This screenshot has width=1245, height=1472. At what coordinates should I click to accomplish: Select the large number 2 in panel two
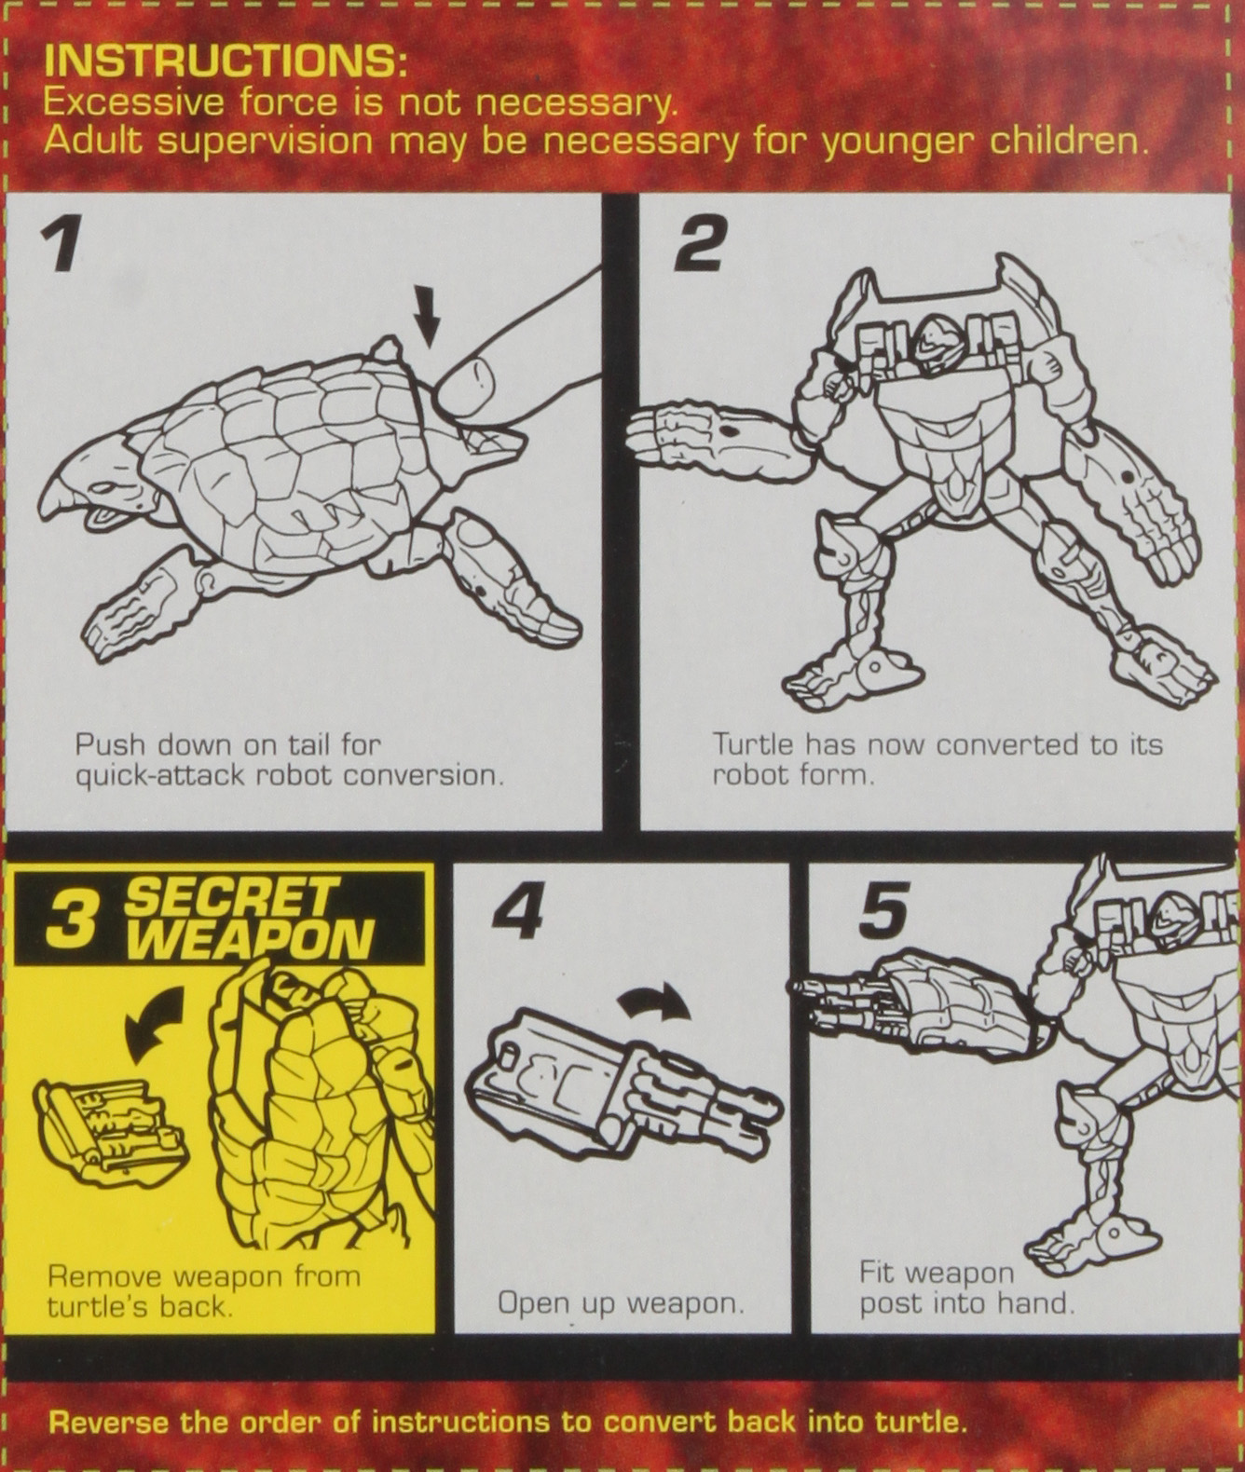click(699, 244)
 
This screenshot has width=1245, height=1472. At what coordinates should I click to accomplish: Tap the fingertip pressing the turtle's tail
click(466, 384)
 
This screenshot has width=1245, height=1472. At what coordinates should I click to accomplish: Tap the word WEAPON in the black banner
click(250, 939)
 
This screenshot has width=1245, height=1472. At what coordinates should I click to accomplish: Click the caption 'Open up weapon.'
click(621, 1302)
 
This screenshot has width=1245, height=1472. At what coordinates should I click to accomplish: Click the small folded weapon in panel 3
click(110, 1124)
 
